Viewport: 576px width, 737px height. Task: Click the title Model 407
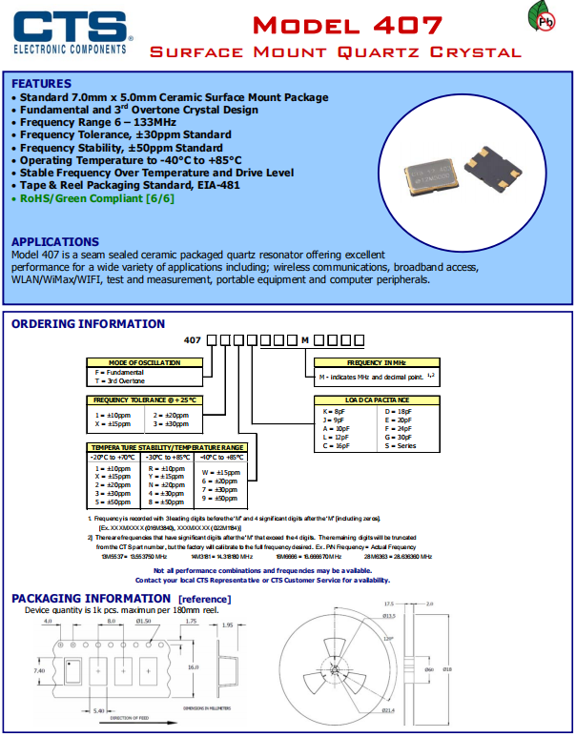click(x=336, y=23)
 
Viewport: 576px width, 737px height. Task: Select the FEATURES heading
click(x=41, y=84)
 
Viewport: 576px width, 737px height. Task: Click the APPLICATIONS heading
click(x=54, y=242)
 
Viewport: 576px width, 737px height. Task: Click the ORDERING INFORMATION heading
click(x=88, y=324)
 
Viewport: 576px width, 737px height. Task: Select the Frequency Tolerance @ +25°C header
click(x=145, y=400)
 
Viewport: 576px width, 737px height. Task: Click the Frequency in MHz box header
click(x=376, y=363)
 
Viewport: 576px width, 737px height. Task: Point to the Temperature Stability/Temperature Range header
click(x=167, y=446)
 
